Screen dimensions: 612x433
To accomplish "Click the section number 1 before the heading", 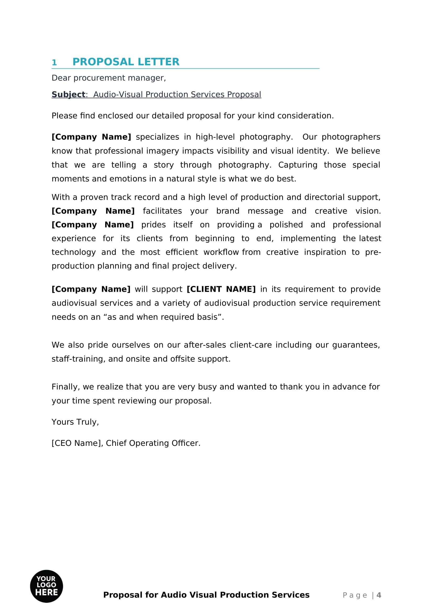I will pos(54,63).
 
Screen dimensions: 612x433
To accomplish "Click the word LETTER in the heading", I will pos(158,62).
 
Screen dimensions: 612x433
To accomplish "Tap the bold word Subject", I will pos(68,95).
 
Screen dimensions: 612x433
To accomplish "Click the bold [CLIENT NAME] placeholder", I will pos(221,289).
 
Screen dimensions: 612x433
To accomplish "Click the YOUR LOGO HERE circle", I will pos(46,586).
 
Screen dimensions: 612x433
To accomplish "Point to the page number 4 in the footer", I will pos(379,595).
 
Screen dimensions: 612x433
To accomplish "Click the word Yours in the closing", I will pos(63,422).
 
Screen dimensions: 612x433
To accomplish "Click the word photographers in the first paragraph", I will pos(351,137).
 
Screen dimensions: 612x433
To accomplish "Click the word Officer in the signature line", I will pos(186,443).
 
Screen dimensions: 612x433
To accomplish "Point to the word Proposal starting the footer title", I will pos(123,595).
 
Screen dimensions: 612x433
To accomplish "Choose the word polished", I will pos(286,225).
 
